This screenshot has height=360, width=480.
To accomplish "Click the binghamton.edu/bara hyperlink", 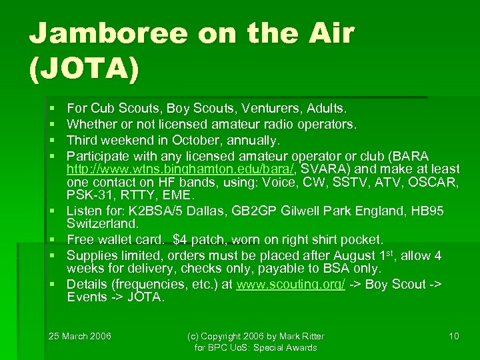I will [x=176, y=169].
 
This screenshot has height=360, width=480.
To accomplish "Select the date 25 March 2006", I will [x=81, y=336].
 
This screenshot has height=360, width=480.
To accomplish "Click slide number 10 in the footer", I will [x=454, y=336].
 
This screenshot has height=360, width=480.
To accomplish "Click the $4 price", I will [x=179, y=239].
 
